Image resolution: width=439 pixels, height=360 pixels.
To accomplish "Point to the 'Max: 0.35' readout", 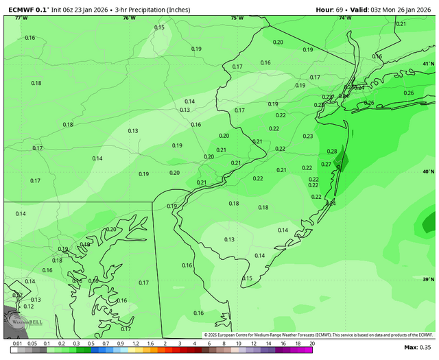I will point(419,348).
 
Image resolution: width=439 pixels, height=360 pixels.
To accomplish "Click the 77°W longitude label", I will point(21,18).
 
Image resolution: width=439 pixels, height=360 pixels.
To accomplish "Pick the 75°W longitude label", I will point(237,18).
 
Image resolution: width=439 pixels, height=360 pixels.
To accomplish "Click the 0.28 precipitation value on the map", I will point(332,152).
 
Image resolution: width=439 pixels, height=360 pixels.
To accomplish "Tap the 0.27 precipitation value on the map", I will point(326,165).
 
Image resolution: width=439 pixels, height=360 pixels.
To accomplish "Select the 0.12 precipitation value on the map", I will point(28,307).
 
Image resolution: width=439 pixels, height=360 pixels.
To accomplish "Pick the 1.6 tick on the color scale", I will point(150,343).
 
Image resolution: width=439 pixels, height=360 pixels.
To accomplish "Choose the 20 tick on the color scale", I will point(312,343).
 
